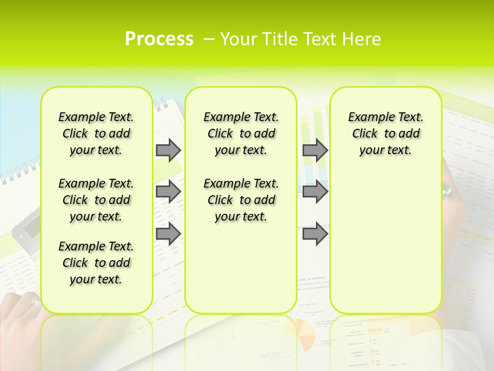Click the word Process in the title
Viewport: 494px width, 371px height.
pyautogui.click(x=159, y=39)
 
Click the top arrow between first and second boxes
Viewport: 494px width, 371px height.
pyautogui.click(x=168, y=150)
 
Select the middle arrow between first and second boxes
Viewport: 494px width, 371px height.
pyautogui.click(x=168, y=192)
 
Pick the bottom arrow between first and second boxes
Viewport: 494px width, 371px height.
pyautogui.click(x=168, y=234)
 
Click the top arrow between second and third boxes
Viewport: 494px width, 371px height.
pyautogui.click(x=315, y=150)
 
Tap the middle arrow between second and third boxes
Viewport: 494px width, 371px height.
pyautogui.click(x=315, y=192)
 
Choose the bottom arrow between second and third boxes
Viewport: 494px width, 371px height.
pyautogui.click(x=315, y=234)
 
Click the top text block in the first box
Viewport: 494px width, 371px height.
pyautogui.click(x=96, y=133)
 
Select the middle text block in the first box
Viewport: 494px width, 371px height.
pyautogui.click(x=96, y=200)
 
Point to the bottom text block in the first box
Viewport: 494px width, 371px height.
pyautogui.click(x=96, y=263)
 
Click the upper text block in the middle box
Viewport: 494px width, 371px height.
pyautogui.click(x=241, y=133)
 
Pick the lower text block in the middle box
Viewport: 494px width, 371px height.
pyautogui.click(x=241, y=200)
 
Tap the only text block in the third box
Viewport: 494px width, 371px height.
pyautogui.click(x=385, y=133)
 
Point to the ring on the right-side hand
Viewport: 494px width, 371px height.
pyautogui.click(x=446, y=193)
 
